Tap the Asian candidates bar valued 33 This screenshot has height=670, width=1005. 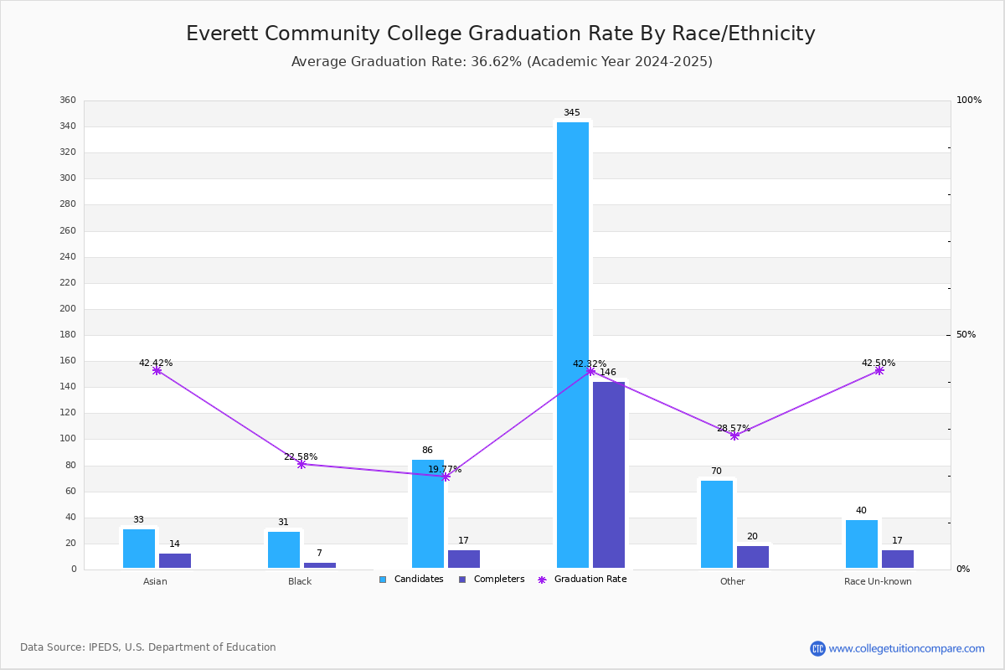click(139, 549)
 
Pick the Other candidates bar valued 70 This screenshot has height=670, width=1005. click(717, 524)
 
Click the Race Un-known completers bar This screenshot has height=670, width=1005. click(898, 559)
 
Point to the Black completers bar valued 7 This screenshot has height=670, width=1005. click(320, 565)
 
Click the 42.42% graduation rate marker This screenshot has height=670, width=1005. click(157, 370)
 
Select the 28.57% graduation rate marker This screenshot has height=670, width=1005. click(734, 435)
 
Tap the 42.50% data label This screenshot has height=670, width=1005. click(879, 363)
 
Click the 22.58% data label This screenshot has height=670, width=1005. click(301, 456)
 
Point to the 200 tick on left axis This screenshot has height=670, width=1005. click(68, 309)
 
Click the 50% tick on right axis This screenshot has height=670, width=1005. click(966, 335)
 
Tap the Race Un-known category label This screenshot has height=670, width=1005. click(878, 581)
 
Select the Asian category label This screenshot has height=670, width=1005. click(155, 581)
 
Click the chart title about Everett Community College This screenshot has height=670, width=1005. click(501, 33)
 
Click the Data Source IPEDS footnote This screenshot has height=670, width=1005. click(148, 647)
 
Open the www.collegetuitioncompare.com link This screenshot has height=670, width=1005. click(906, 648)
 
